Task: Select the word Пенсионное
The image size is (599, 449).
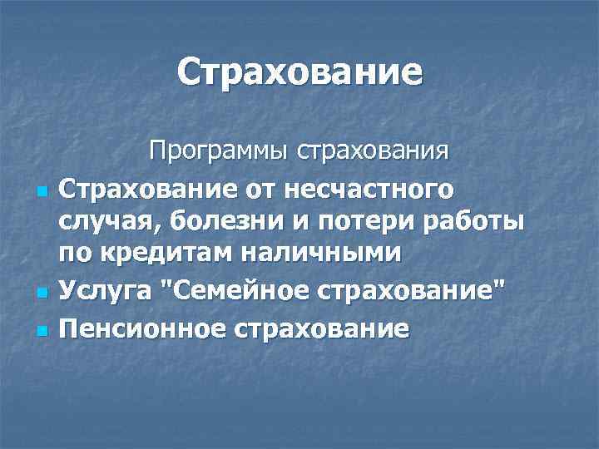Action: tap(141, 328)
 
